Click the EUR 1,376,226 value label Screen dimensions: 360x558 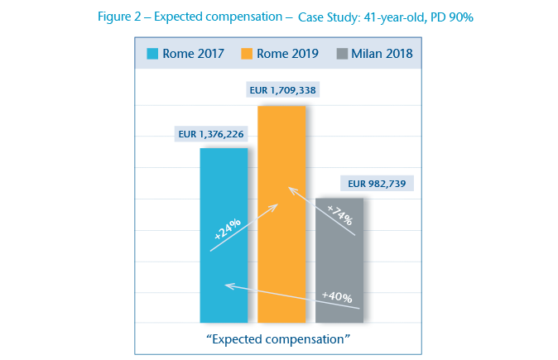pyautogui.click(x=211, y=132)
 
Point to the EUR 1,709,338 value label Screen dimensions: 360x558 pyautogui.click(x=283, y=89)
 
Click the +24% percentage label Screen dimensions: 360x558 pyautogui.click(x=227, y=228)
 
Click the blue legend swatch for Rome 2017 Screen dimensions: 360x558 pyautogui.click(x=152, y=55)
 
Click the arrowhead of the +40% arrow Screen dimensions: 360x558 pyautogui.click(x=228, y=286)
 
